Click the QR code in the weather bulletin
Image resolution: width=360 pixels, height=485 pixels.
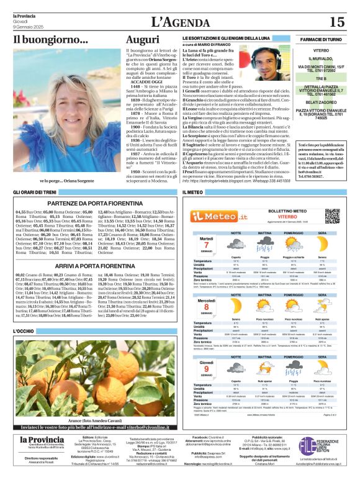coord(332,216)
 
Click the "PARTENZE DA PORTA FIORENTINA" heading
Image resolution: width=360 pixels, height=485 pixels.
coord(93,202)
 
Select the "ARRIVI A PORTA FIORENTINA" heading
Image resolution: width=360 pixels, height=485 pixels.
coord(93,265)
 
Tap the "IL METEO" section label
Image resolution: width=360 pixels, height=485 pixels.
coord(192,193)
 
